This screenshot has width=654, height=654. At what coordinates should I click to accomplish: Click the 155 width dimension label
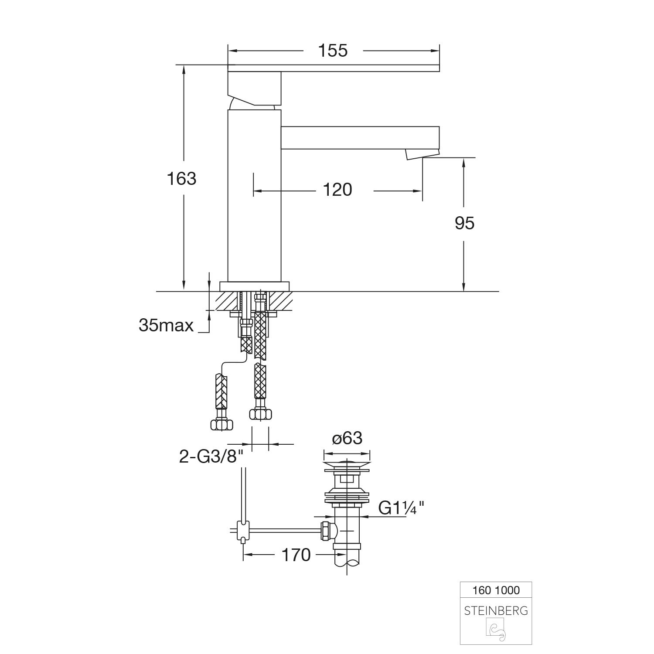[333, 51]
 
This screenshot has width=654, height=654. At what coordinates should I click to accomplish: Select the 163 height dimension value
[182, 178]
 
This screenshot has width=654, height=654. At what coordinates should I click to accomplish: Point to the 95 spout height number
[464, 223]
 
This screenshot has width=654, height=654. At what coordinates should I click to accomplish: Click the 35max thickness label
[166, 325]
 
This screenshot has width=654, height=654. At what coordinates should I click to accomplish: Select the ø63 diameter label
[347, 438]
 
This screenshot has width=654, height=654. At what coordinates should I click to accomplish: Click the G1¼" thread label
[401, 508]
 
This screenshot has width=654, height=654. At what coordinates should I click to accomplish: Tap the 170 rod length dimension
[296, 555]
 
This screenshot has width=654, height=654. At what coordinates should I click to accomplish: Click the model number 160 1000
[496, 590]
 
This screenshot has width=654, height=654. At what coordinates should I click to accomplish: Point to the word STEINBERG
[496, 611]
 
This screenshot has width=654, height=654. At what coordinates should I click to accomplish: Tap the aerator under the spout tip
[422, 154]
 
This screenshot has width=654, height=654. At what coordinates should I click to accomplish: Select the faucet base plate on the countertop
[255, 286]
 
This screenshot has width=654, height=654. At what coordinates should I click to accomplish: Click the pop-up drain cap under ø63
[347, 464]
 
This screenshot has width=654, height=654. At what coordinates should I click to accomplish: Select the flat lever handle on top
[334, 68]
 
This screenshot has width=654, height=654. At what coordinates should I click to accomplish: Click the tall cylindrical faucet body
[254, 196]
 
